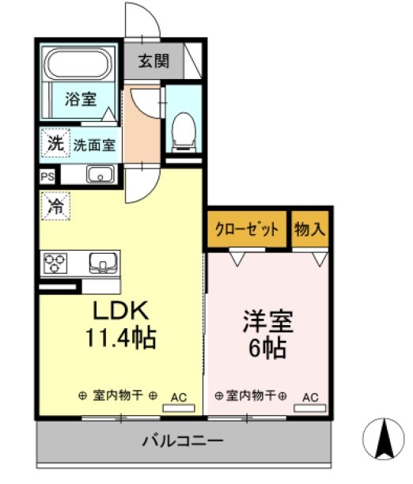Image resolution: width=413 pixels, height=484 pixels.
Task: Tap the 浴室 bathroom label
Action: click(81, 100)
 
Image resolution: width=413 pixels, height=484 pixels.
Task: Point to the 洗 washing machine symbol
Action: click(55, 145)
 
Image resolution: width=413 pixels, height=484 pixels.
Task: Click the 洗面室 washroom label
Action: click(94, 146)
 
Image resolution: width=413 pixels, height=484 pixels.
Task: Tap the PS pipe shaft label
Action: click(47, 176)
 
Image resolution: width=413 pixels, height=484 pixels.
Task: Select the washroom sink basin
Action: click(99, 176)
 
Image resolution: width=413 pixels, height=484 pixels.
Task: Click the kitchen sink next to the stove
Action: click(102, 262)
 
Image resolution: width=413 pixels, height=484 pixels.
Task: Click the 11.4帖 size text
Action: click(120, 338)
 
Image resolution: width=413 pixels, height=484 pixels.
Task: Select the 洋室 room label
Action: click(267, 322)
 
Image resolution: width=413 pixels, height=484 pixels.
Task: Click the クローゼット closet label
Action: click(248, 230)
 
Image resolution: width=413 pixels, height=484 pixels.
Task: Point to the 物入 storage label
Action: click(309, 229)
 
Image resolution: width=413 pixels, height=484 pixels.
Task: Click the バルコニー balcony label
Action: click(183, 440)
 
